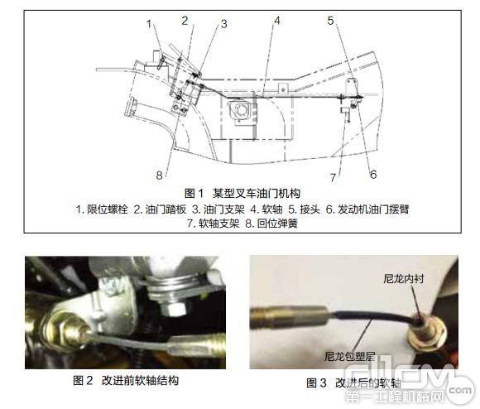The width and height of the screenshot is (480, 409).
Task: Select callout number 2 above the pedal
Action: tap(185, 19)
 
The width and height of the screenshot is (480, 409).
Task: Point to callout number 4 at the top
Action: tap(278, 19)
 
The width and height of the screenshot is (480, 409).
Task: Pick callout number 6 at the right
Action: tap(372, 175)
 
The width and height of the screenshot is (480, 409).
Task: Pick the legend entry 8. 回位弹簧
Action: tap(279, 224)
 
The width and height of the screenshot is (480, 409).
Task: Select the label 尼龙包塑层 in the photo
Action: tap(342, 357)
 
